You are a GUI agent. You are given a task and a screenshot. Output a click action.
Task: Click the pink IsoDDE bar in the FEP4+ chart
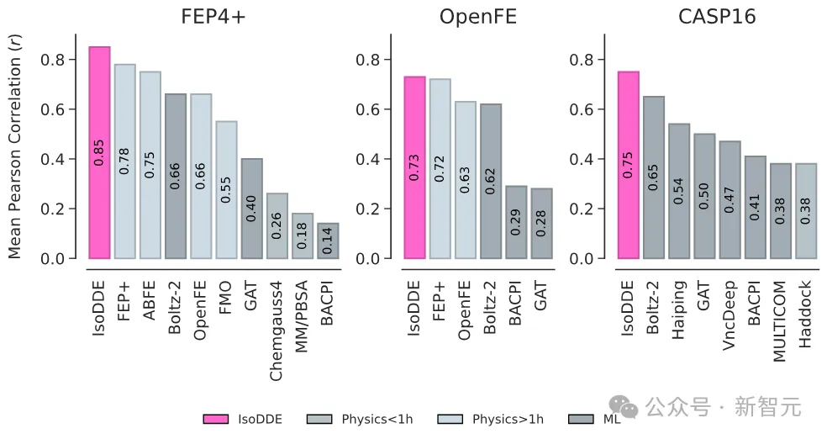(99, 152)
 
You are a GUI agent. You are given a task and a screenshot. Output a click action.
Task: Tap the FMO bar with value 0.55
(226, 189)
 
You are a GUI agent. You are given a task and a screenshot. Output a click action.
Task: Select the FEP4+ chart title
(214, 18)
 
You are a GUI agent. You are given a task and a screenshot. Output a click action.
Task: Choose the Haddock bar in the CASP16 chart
(805, 210)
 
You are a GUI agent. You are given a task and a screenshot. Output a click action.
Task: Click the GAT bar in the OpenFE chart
(541, 223)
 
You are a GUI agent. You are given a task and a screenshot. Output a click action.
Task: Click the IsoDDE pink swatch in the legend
(217, 419)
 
